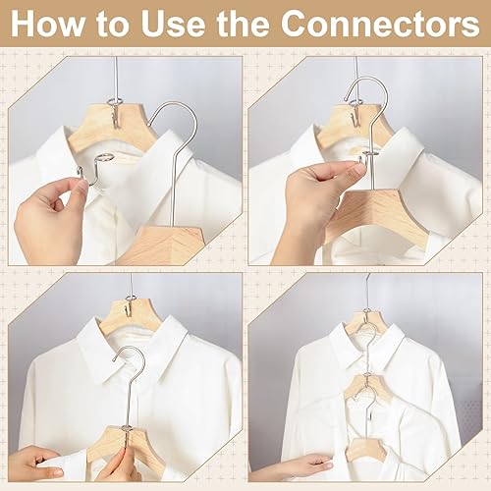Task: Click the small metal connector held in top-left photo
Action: tap(96, 164)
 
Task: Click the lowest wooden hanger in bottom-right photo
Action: tap(365, 450)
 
